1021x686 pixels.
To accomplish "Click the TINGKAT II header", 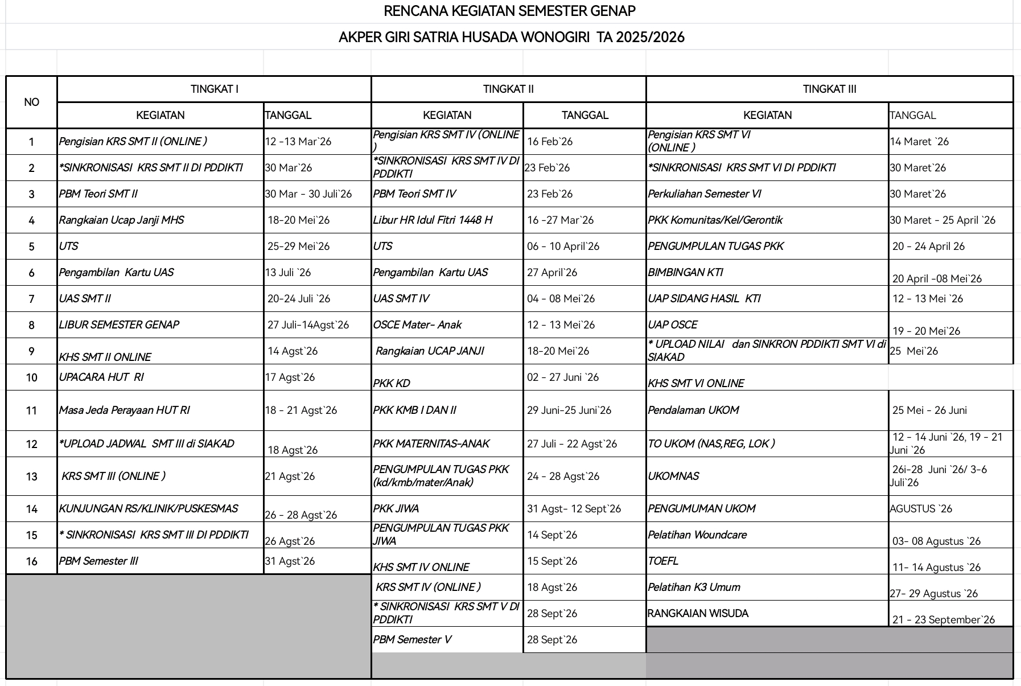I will click(x=508, y=89).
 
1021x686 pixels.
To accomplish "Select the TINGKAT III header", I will click(x=829, y=89).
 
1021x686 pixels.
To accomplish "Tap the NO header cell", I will click(x=31, y=102).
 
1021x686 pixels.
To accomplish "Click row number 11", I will click(x=31, y=410).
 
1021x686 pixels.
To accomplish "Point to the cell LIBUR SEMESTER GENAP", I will click(x=119, y=324).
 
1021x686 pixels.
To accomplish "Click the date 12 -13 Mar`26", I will click(x=298, y=142).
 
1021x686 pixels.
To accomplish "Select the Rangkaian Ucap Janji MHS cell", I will click(x=121, y=220).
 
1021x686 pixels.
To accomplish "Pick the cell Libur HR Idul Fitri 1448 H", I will click(x=433, y=220).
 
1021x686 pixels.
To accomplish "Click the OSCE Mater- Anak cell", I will click(x=417, y=324).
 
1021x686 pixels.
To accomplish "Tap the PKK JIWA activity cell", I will click(x=396, y=508).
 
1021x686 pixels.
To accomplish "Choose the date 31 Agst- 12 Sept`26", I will click(x=574, y=508).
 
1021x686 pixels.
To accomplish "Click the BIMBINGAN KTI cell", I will click(x=685, y=272).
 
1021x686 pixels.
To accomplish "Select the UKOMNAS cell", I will click(x=673, y=476).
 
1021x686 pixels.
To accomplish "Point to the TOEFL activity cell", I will click(x=663, y=561).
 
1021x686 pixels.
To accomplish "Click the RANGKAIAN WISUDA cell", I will click(x=698, y=613).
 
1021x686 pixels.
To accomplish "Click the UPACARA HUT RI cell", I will click(x=101, y=377).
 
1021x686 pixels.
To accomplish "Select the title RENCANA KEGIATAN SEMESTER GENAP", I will click(x=509, y=11).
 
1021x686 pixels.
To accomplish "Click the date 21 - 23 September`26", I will click(x=944, y=619).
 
